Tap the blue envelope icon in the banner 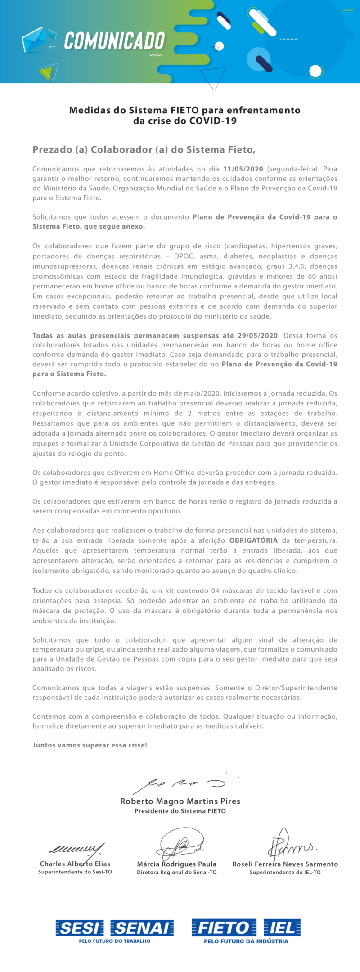36,40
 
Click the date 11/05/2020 243,169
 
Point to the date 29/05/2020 257,335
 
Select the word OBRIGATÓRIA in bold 253,540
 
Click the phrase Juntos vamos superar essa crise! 90,745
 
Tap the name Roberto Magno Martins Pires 180,801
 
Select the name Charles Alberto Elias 75,864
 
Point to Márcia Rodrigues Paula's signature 180,845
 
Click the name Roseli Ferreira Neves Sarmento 285,864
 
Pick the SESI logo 80,927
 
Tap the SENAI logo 142,927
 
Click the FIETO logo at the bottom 224,927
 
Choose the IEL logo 282,927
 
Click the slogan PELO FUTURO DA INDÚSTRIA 246,941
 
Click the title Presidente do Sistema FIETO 180,811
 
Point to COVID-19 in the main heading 213,121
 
